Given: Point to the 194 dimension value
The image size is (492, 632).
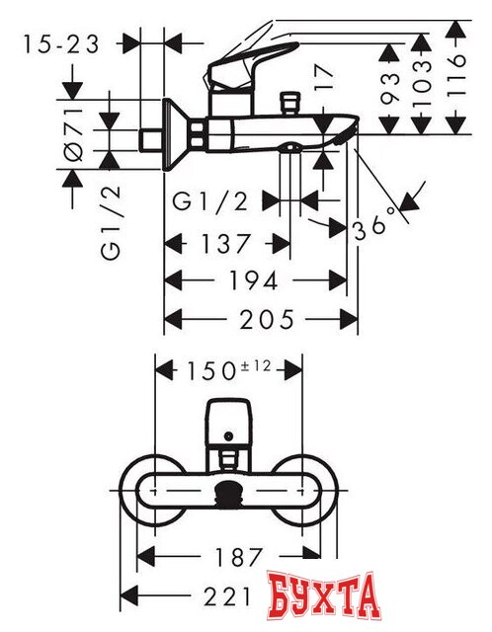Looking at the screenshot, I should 255,280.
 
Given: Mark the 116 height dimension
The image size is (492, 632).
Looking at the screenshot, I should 455,73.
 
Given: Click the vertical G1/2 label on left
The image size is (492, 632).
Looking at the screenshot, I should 111,226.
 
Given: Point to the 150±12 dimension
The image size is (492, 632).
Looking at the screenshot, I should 228,370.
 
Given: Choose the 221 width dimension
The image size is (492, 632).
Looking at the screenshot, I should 208,595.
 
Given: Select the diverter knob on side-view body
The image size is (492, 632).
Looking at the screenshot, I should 289,103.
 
